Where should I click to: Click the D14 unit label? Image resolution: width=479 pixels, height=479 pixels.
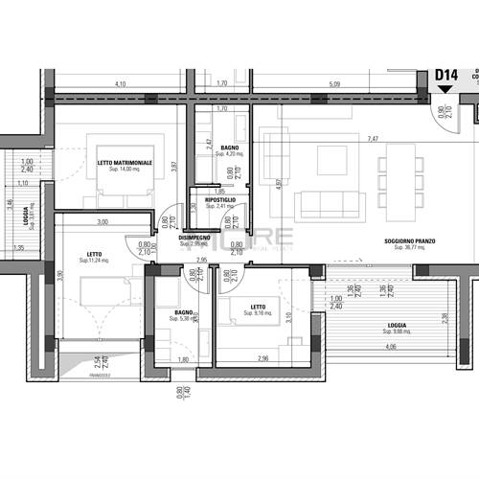pyautogui.click(x=447, y=74)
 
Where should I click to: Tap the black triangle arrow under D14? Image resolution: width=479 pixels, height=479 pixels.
pyautogui.click(x=444, y=89)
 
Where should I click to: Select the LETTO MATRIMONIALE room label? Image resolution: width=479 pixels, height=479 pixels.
pyautogui.click(x=125, y=163)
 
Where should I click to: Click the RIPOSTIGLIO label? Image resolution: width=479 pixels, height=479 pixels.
pyautogui.click(x=218, y=199)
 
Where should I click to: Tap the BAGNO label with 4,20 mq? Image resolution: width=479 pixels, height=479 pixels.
pyautogui.click(x=229, y=148)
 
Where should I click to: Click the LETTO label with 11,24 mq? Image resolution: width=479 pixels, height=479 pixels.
pyautogui.click(x=96, y=254)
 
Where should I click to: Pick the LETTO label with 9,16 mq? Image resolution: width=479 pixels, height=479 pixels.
pyautogui.click(x=257, y=308)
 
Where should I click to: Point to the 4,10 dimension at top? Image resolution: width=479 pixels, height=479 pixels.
pyautogui.click(x=120, y=84)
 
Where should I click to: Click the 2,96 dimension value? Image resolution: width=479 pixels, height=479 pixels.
pyautogui.click(x=262, y=359)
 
